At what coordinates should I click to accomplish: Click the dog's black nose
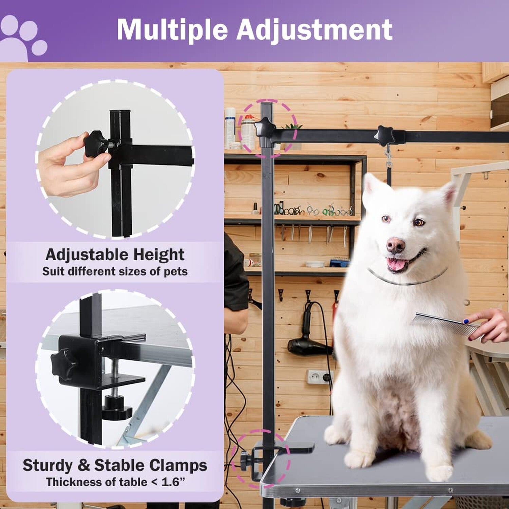(396, 245)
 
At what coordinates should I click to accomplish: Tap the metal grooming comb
(445, 324)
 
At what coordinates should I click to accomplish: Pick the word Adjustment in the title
(314, 30)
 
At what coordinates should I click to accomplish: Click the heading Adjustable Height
(115, 254)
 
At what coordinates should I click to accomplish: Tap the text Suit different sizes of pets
(115, 271)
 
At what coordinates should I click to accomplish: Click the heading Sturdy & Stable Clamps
(115, 465)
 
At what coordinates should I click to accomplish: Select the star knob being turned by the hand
(95, 144)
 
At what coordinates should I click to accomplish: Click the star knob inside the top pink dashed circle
(265, 127)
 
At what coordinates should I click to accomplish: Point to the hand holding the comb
(490, 325)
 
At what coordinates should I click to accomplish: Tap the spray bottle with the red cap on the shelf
(248, 132)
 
